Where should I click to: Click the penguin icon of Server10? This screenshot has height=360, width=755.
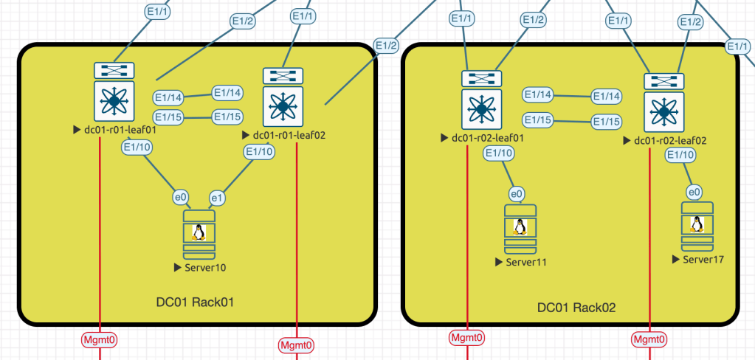coord(198,233)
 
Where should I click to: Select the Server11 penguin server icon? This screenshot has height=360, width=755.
coord(520,227)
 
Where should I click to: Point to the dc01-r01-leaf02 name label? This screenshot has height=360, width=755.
coord(289,136)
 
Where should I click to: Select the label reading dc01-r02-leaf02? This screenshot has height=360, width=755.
coord(670,140)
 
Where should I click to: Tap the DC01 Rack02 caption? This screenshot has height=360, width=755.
coord(576,308)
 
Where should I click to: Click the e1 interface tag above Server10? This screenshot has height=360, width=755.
coord(218,198)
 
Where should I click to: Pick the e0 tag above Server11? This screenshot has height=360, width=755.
coord(517,194)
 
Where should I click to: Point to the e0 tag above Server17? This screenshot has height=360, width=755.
coord(694,192)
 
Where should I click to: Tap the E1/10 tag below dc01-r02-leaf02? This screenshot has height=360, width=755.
coord(679,155)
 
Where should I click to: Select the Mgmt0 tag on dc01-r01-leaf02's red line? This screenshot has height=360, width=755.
coord(296,345)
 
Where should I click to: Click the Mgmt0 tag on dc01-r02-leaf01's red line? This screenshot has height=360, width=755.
coord(467,338)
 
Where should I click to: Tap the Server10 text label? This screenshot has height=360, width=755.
coord(204,267)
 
